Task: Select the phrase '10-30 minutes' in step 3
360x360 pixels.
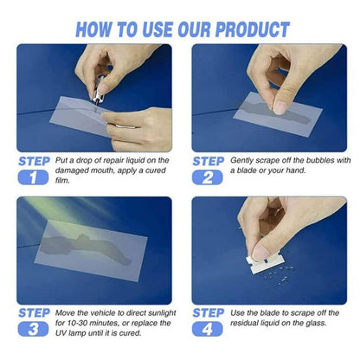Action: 96,322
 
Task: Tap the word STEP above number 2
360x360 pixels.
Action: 209,161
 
